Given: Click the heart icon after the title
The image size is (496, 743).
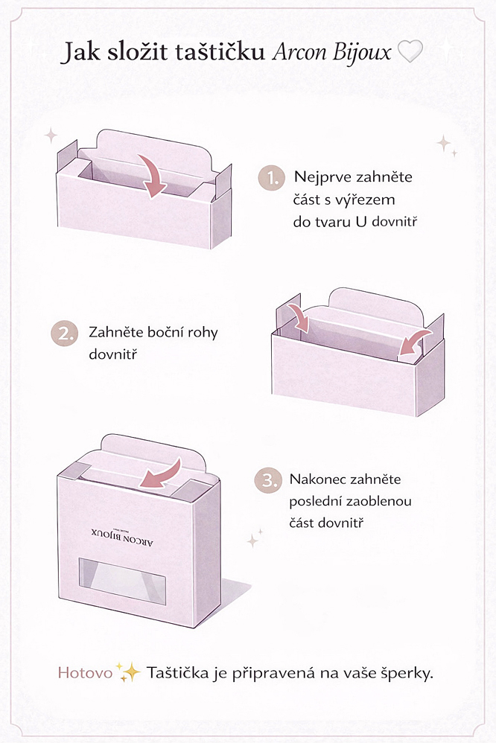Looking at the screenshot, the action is pyautogui.click(x=409, y=51).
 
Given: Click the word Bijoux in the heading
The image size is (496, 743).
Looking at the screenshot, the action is pyautogui.click(x=361, y=52).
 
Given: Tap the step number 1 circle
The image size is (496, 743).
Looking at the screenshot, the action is pyautogui.click(x=272, y=179).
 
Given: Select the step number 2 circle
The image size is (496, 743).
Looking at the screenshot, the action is pyautogui.click(x=64, y=334).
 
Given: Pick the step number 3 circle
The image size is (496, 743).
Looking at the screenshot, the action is pyautogui.click(x=268, y=480).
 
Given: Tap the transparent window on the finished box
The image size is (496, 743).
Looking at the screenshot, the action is pyautogui.click(x=122, y=581).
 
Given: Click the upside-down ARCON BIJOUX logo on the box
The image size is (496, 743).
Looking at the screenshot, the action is pyautogui.click(x=123, y=538).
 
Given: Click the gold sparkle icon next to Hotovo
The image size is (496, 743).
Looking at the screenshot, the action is pyautogui.click(x=127, y=673).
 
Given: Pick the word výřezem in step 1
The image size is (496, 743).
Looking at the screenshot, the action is pyautogui.click(x=365, y=200).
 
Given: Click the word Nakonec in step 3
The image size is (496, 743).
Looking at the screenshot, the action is pyautogui.click(x=318, y=479).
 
